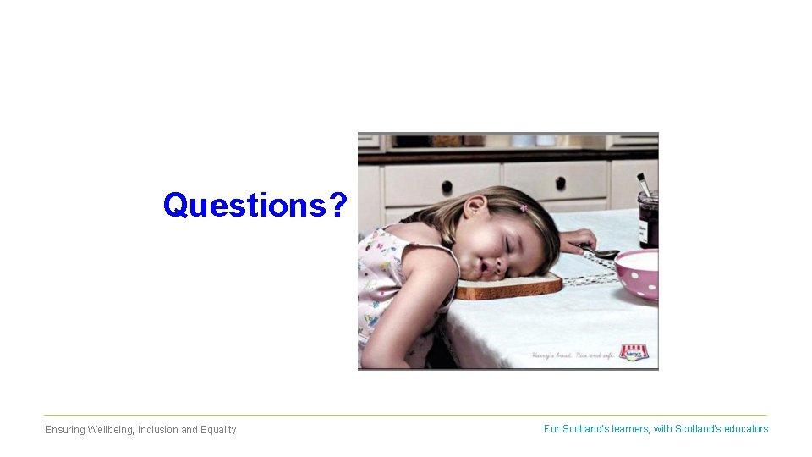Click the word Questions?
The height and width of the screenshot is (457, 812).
[x=255, y=205]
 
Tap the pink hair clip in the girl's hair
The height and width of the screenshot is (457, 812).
[x=523, y=207]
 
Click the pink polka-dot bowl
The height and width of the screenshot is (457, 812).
[x=636, y=273]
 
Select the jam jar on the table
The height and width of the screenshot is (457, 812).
[x=648, y=219]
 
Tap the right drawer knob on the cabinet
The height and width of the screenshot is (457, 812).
[x=560, y=182]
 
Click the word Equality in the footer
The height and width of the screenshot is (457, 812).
[x=218, y=430]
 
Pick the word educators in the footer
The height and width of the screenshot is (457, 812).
[x=746, y=429]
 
